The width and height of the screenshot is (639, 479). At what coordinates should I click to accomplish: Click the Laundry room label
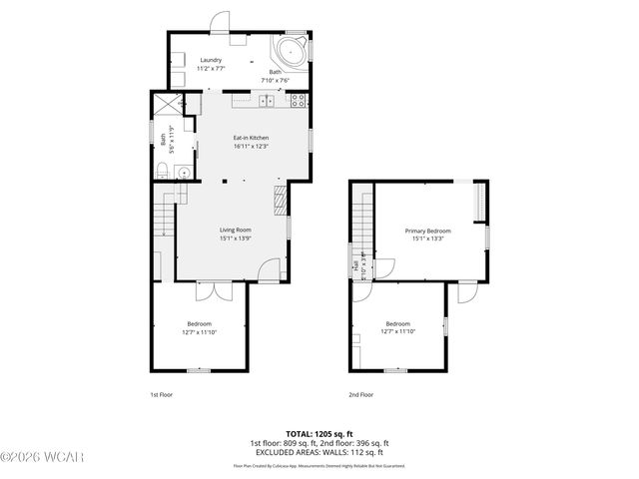click(212, 60)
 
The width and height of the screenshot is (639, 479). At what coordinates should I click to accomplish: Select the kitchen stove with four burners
click(297, 100)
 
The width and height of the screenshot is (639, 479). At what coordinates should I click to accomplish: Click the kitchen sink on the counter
click(267, 100)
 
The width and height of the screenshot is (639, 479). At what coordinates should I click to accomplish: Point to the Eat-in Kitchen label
click(251, 138)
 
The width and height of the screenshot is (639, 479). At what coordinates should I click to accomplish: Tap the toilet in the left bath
click(183, 172)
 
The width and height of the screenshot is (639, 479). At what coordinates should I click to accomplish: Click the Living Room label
click(236, 230)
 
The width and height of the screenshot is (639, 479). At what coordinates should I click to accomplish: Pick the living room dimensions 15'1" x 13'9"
click(236, 239)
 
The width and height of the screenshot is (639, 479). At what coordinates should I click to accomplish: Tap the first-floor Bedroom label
click(199, 323)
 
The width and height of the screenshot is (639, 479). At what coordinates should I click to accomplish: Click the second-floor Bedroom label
click(398, 323)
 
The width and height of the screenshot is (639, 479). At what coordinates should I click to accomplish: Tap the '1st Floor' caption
click(161, 395)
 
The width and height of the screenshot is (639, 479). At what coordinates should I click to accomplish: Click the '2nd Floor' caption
click(360, 395)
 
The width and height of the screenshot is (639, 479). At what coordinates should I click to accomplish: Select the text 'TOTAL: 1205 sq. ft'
click(319, 434)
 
